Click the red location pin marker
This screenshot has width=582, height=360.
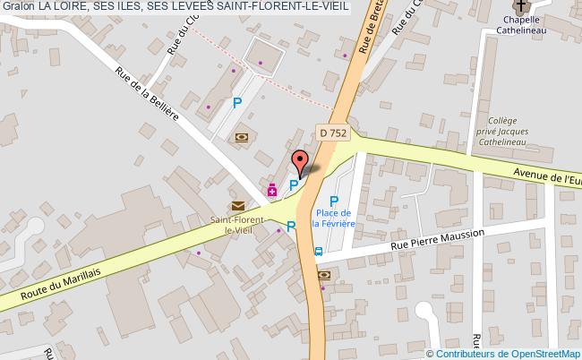coord(299,163)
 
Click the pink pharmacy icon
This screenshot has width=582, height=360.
coord(272,189)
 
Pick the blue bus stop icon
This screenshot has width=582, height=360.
coord(319,252)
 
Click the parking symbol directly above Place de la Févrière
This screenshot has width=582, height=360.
coord(334,201)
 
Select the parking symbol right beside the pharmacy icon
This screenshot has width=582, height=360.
coord(292,185)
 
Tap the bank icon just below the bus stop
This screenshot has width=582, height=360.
coord(323,276)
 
